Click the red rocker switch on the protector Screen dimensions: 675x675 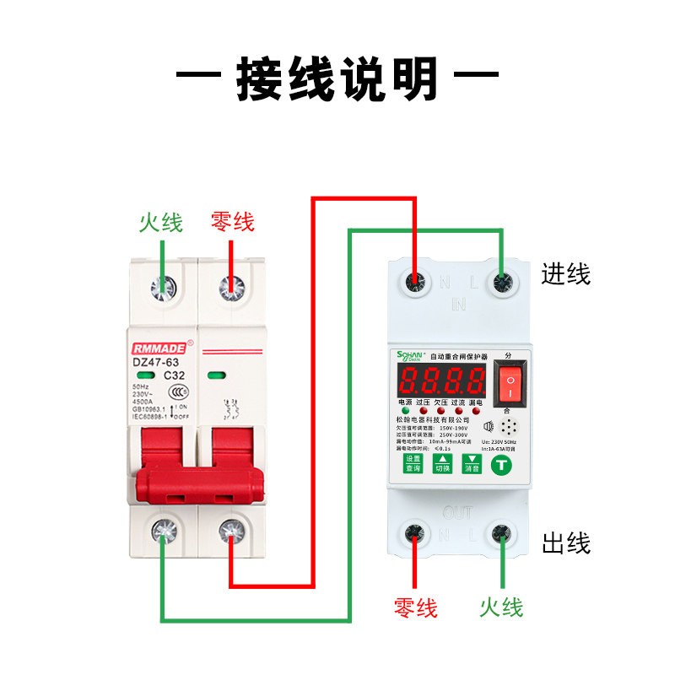pyautogui.click(x=510, y=386)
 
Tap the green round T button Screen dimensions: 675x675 pyautogui.click(x=501, y=463)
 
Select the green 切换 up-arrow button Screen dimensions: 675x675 pyautogui.click(x=442, y=463)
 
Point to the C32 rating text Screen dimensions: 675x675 pyautogui.click(x=174, y=375)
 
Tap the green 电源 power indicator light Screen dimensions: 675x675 pyautogui.click(x=406, y=413)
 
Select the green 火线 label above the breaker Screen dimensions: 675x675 pyautogui.click(x=161, y=223)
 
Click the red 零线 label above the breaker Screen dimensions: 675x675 pyautogui.click(x=232, y=223)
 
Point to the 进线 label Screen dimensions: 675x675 pyautogui.click(x=566, y=273)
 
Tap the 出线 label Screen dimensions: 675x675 pyautogui.click(x=566, y=543)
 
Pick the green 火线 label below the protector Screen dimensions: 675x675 pyautogui.click(x=501, y=607)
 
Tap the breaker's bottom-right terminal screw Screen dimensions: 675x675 pyautogui.click(x=230, y=532)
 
